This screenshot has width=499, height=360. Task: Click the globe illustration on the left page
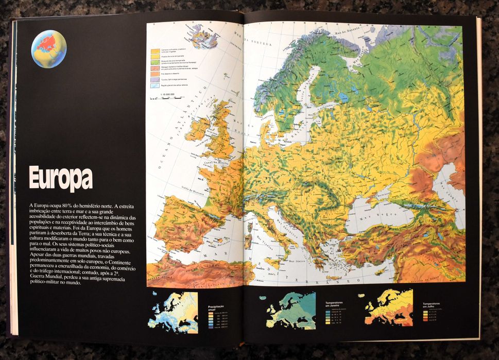tap(49, 49)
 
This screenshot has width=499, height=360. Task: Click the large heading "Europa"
tap(61, 179)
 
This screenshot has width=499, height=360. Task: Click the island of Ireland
tap(198, 129)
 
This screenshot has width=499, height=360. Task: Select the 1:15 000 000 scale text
tap(168, 94)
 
